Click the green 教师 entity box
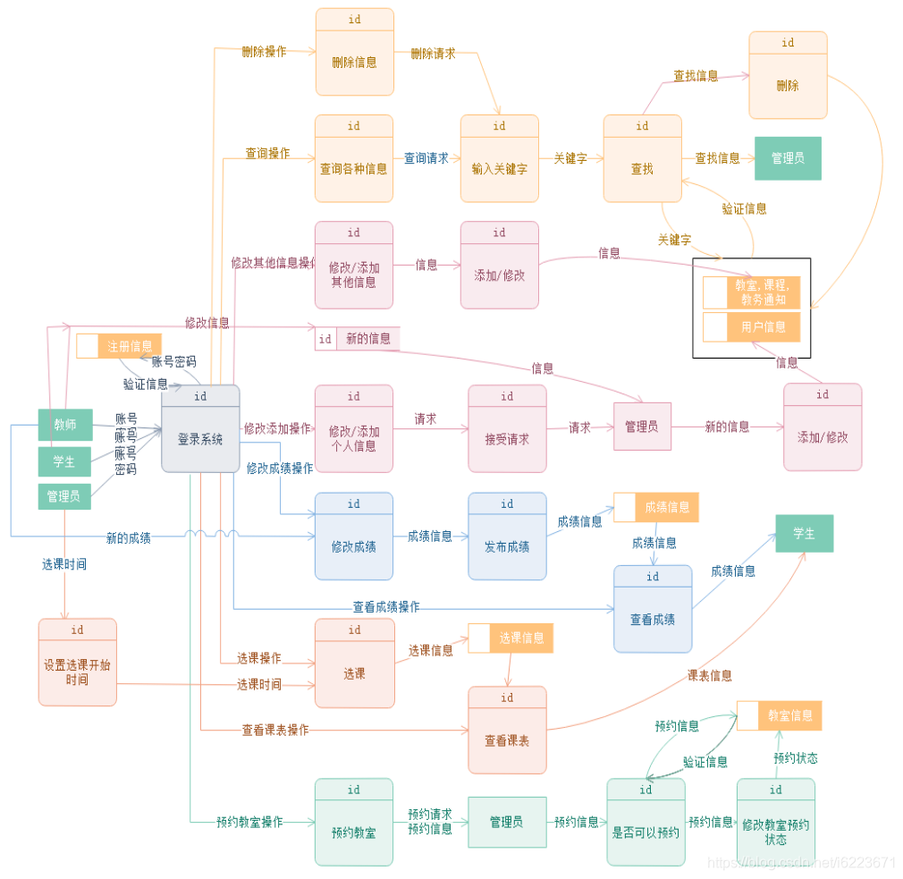point(64,425)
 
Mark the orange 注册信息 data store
point(119,346)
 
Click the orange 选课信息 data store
point(511,638)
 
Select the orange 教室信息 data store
point(779,715)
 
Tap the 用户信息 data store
point(752,326)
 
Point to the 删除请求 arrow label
point(433,54)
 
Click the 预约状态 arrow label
point(795,758)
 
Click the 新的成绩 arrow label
point(129,538)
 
